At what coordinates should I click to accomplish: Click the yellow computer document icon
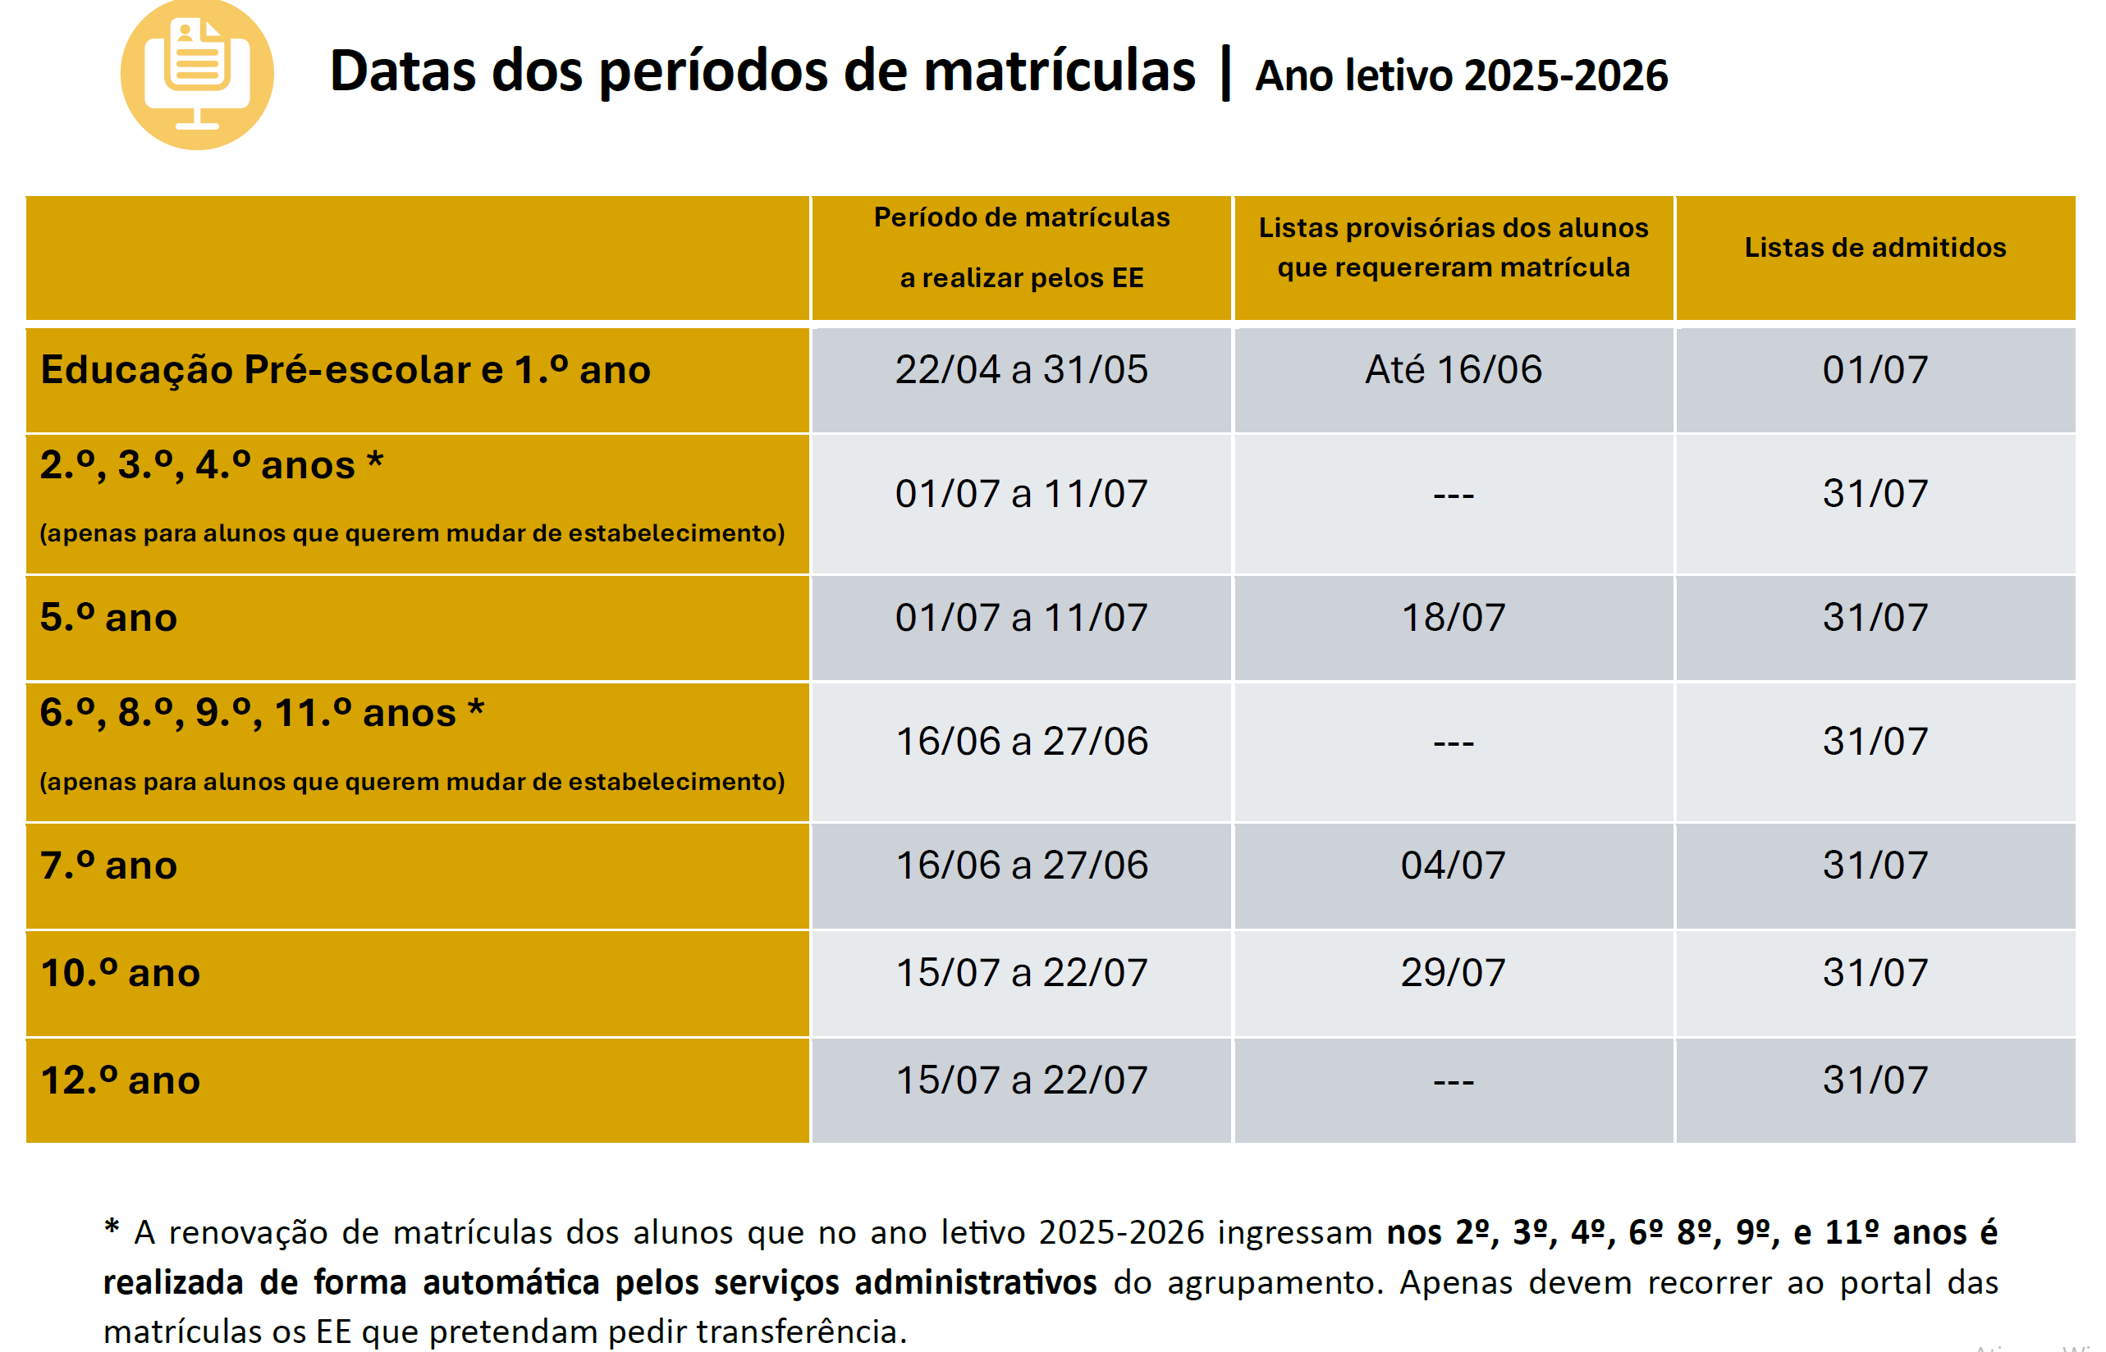(x=197, y=74)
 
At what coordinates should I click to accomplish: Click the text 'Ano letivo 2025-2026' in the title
(x=1461, y=75)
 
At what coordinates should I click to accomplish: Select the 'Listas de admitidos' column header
(x=1875, y=248)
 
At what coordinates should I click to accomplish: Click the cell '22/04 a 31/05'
(x=1020, y=370)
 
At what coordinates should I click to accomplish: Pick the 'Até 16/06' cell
(x=1453, y=370)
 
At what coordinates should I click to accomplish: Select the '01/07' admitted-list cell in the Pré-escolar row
(x=1875, y=370)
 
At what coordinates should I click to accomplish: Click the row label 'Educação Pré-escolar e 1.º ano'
(x=346, y=370)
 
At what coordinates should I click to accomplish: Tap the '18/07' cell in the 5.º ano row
(x=1453, y=618)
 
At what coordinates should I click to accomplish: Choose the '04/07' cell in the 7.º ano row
(x=1453, y=866)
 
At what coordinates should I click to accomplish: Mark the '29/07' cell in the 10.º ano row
(x=1453, y=973)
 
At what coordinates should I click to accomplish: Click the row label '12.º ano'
(x=121, y=1080)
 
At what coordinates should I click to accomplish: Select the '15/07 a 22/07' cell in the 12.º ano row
(x=1020, y=1080)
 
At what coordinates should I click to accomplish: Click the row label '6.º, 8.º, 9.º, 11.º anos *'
(x=262, y=713)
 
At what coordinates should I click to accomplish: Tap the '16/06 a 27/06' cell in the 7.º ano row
(x=1020, y=866)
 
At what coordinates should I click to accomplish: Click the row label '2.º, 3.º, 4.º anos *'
(x=212, y=465)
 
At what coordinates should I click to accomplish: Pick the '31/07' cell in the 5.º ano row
(x=1875, y=618)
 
